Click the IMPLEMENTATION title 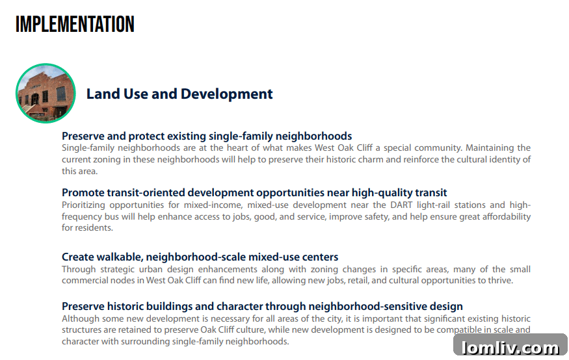[75, 24]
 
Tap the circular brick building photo [46, 93]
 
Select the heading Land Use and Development [179, 94]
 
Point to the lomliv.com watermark [510, 347]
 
